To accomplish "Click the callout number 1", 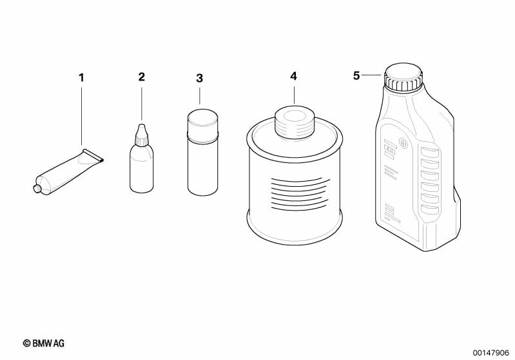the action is tap(81, 78).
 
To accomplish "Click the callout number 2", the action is tap(142, 77).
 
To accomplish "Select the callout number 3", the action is tap(199, 79).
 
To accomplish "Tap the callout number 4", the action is tap(294, 77).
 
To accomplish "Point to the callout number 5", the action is tap(356, 76).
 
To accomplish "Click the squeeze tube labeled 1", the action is tap(69, 172).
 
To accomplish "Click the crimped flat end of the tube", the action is tap(93, 155).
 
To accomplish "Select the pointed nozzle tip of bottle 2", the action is tap(142, 126).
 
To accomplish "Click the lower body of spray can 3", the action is tap(202, 169).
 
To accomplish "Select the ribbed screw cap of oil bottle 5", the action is tap(403, 77).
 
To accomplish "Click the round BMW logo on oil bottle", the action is tap(403, 143).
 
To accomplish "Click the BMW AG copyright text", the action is tap(44, 343).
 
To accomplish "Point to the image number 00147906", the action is tap(491, 353).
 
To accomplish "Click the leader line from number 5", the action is tap(373, 75).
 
